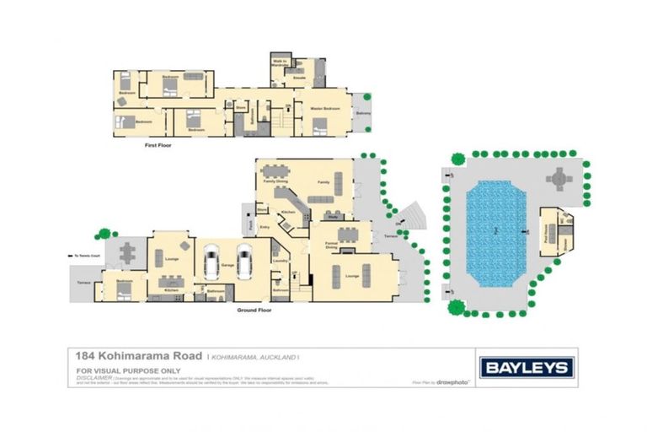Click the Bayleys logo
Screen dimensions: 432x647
click(x=527, y=368)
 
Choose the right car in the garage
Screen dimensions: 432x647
click(x=245, y=262)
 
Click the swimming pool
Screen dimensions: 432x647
click(x=495, y=232)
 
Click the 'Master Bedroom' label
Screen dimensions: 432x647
click(x=324, y=108)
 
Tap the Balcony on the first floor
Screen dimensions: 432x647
click(x=362, y=112)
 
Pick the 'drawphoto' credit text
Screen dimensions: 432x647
click(x=456, y=382)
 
